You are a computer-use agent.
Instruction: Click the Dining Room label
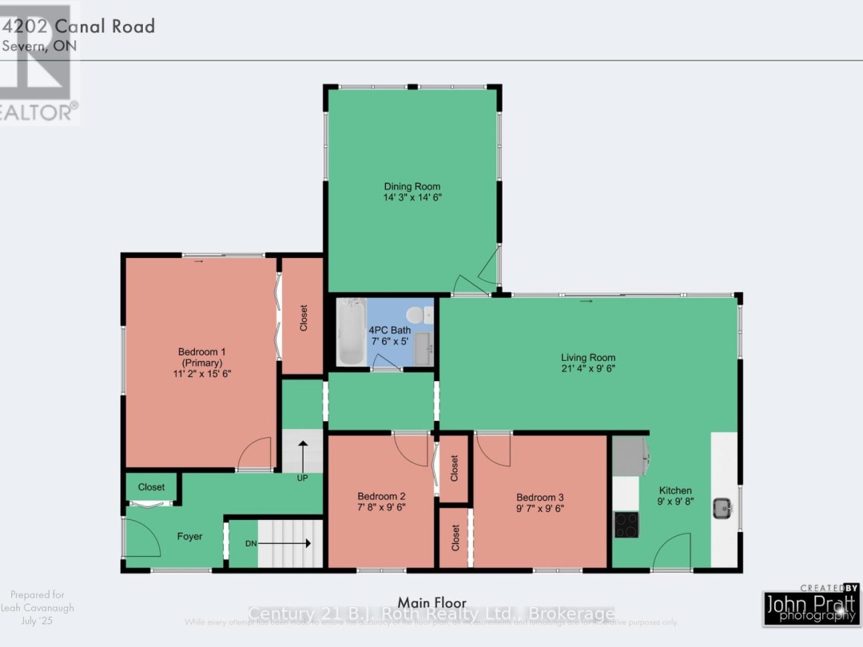click(412, 187)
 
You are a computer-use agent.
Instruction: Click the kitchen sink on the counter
click(723, 506)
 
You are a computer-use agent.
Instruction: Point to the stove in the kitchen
click(626, 524)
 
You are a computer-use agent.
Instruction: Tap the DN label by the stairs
click(251, 543)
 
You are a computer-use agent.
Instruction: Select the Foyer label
click(189, 537)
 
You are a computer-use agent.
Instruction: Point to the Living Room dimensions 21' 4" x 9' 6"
click(587, 369)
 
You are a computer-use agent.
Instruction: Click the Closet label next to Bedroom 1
click(304, 318)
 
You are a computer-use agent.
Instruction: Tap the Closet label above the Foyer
click(151, 487)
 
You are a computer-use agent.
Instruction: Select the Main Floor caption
click(431, 602)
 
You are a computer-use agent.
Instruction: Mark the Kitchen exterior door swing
click(672, 553)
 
